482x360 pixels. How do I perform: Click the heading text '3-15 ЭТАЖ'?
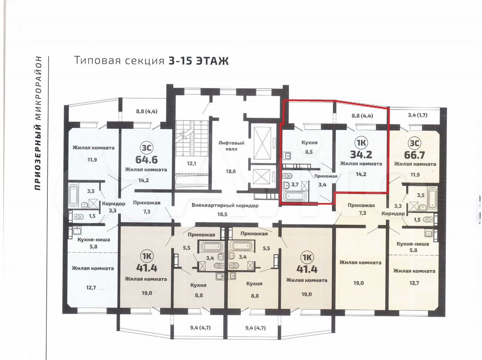click(x=198, y=61)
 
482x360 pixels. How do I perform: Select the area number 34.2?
click(x=361, y=154)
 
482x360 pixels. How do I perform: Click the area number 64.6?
click(x=146, y=160)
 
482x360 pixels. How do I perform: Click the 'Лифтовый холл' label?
click(x=231, y=146)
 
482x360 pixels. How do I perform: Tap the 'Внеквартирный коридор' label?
click(x=225, y=206)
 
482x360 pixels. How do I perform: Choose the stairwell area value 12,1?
click(x=191, y=163)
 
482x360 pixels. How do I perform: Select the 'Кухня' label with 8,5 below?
click(x=309, y=142)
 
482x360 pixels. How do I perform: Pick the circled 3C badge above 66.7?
click(x=414, y=143)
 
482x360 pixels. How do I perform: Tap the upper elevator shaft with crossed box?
click(x=262, y=143)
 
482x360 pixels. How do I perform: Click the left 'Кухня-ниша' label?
click(x=93, y=239)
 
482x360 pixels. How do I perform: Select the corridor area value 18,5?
click(x=222, y=214)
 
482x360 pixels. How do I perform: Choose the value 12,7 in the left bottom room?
click(x=91, y=287)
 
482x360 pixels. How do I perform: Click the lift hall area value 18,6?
click(x=231, y=171)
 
